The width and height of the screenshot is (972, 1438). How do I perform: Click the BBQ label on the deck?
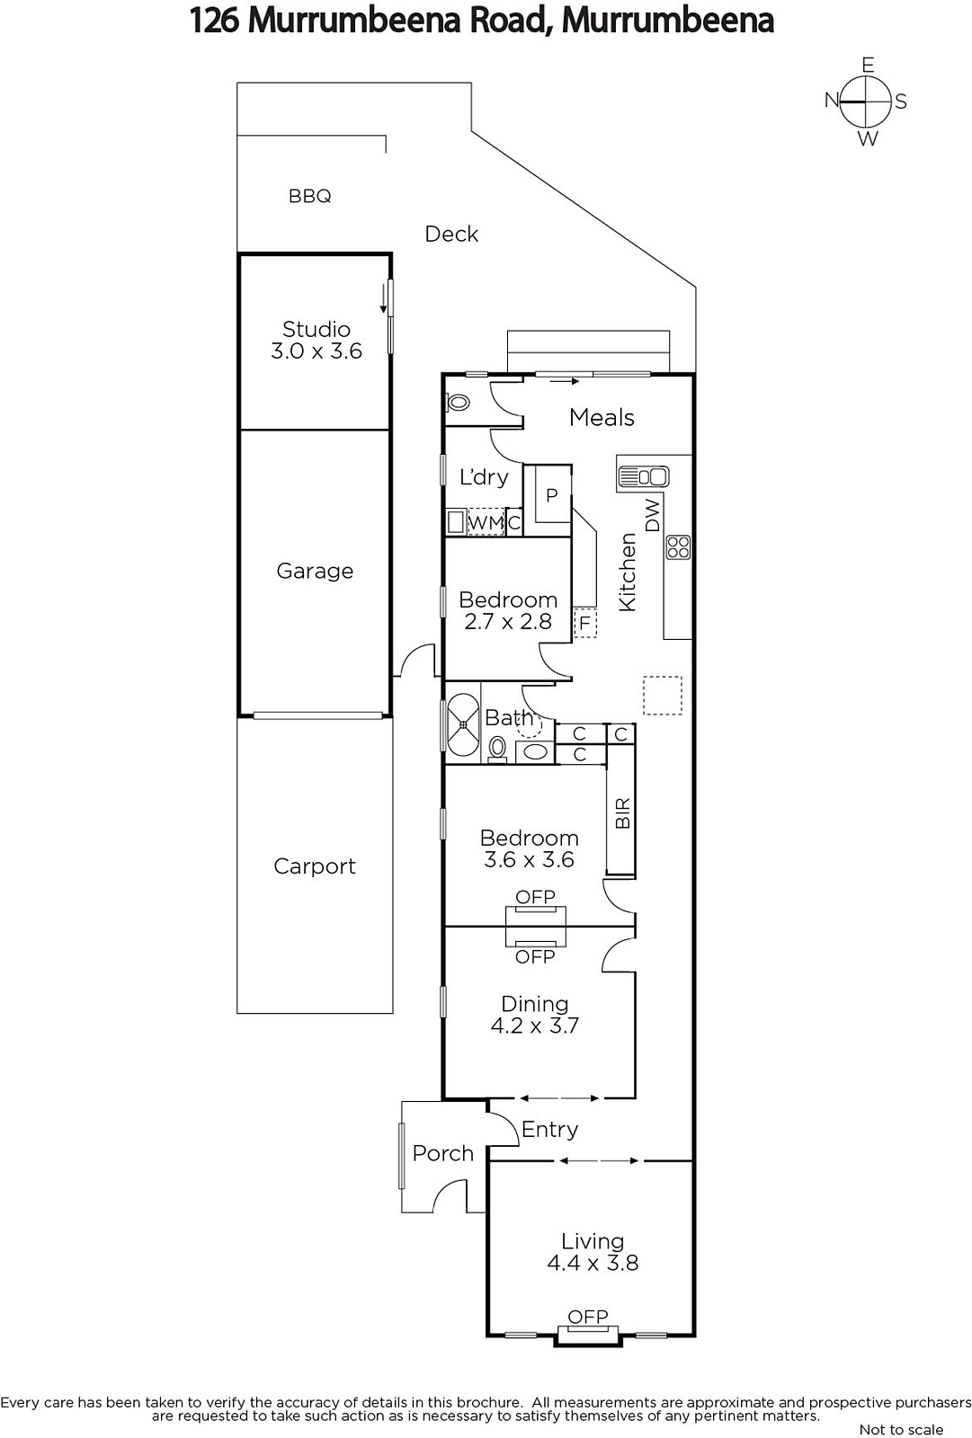click(309, 196)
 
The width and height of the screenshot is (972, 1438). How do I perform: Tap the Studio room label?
click(317, 329)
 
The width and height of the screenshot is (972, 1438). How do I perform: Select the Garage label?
click(315, 571)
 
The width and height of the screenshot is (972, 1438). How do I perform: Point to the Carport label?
click(315, 866)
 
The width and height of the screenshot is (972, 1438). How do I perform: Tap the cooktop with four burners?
click(678, 547)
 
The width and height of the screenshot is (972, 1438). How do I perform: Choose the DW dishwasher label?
click(652, 515)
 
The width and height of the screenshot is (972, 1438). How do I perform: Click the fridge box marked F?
click(584, 622)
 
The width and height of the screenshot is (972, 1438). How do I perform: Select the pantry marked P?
click(551, 495)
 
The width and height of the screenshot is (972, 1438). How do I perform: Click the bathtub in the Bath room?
click(462, 724)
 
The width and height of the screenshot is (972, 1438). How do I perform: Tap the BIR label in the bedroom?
click(622, 812)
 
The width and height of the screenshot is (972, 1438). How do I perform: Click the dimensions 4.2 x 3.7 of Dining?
click(534, 1025)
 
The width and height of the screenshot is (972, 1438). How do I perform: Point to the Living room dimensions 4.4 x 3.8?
click(593, 1263)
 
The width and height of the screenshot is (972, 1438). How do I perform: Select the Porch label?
click(442, 1153)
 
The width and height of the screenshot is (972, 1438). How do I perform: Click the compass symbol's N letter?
click(832, 100)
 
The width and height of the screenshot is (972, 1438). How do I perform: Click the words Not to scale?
click(901, 1429)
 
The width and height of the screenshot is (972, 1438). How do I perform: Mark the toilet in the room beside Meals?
click(458, 403)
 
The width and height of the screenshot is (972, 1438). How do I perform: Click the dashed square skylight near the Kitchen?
click(663, 696)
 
